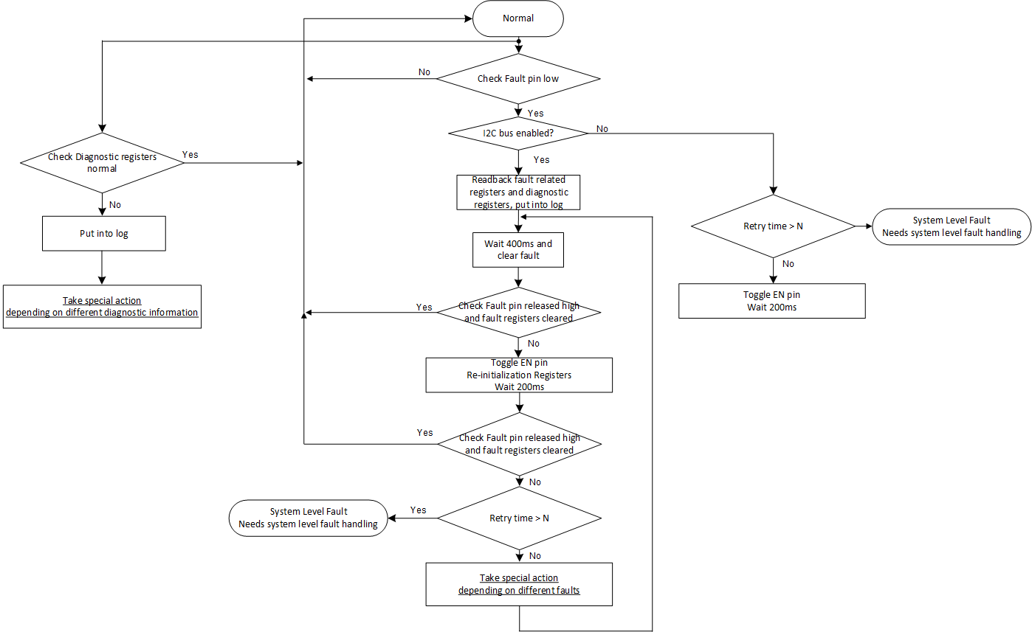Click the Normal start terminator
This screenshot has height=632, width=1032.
(518, 18)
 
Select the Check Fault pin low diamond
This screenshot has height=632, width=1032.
(518, 78)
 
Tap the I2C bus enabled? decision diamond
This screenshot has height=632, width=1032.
(518, 133)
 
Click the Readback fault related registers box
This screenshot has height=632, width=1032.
(518, 192)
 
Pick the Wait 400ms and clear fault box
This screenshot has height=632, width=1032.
(518, 250)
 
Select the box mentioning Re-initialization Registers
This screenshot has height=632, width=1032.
(519, 375)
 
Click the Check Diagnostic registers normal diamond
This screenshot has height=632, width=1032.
(102, 162)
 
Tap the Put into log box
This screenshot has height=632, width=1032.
(103, 233)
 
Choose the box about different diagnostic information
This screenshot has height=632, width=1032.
(102, 306)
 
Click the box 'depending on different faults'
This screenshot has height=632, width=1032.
(519, 584)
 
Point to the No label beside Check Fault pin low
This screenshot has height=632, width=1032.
(424, 72)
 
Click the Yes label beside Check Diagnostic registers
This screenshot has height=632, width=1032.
(190, 155)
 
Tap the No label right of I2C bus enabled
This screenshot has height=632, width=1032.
(602, 129)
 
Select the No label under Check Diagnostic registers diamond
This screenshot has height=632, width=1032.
(115, 204)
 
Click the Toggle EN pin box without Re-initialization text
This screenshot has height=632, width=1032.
(771, 301)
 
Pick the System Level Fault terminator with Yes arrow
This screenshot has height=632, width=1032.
(309, 518)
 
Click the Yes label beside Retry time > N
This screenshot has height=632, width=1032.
(419, 510)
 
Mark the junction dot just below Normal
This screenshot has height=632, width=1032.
(519, 41)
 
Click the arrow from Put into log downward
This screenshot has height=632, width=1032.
(102, 267)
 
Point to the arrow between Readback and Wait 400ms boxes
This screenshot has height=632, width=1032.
(519, 221)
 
